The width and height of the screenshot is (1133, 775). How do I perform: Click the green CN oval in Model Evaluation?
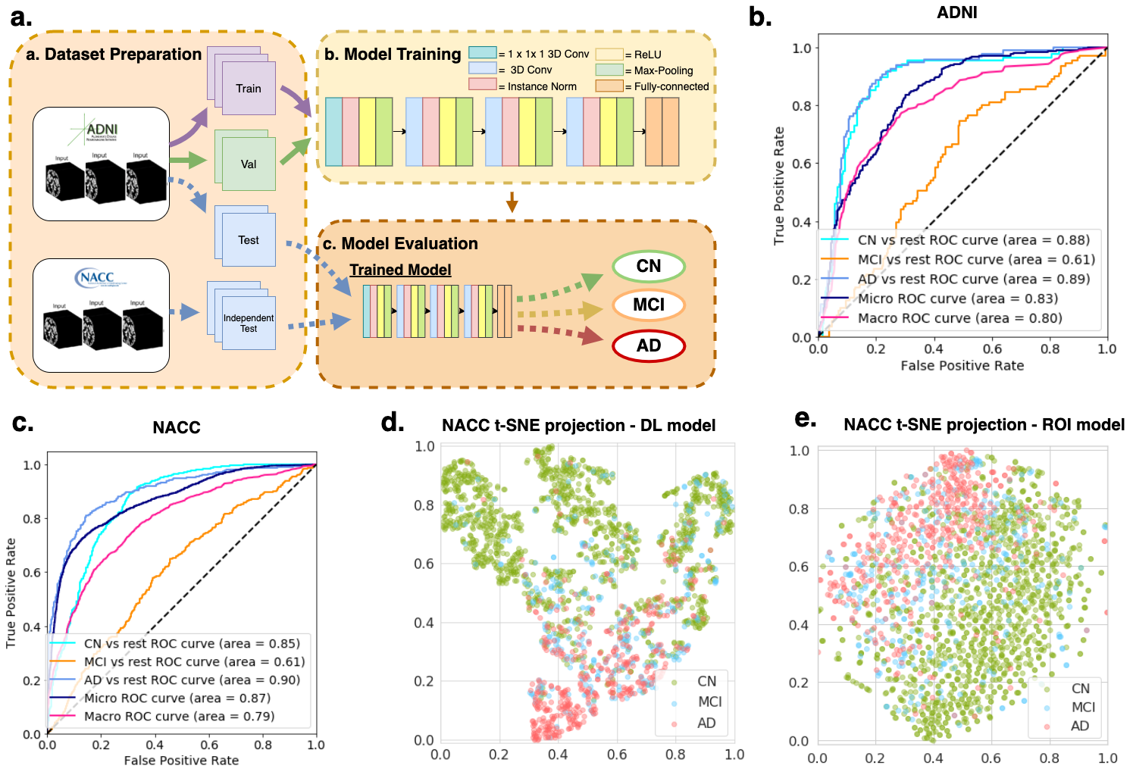click(648, 267)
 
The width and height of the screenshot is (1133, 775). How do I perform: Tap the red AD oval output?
click(648, 346)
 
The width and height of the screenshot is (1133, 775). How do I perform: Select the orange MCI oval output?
click(648, 305)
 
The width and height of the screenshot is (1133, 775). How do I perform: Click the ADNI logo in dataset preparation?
click(101, 130)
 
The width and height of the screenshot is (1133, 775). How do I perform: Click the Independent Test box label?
click(249, 323)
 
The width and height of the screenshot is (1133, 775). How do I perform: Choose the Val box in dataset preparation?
click(249, 164)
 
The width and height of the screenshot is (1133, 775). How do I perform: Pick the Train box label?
click(248, 89)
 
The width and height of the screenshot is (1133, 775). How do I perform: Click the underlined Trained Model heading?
click(400, 270)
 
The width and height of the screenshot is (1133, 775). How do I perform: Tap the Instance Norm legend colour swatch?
click(482, 85)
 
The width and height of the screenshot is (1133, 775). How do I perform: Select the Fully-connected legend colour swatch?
click(609, 86)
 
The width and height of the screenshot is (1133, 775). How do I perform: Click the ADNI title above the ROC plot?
click(957, 13)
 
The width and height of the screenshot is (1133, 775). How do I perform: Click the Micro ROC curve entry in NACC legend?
click(177, 698)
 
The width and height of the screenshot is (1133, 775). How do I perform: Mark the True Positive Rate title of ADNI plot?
click(779, 186)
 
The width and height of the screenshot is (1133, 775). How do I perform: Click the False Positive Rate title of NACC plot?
click(181, 760)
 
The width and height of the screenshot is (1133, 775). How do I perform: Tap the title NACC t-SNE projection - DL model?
click(578, 426)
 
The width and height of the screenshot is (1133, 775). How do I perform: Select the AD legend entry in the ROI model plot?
click(1079, 726)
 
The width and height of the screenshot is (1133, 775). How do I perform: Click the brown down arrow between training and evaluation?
click(512, 202)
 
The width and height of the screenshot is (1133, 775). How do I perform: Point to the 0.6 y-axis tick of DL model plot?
click(424, 564)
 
